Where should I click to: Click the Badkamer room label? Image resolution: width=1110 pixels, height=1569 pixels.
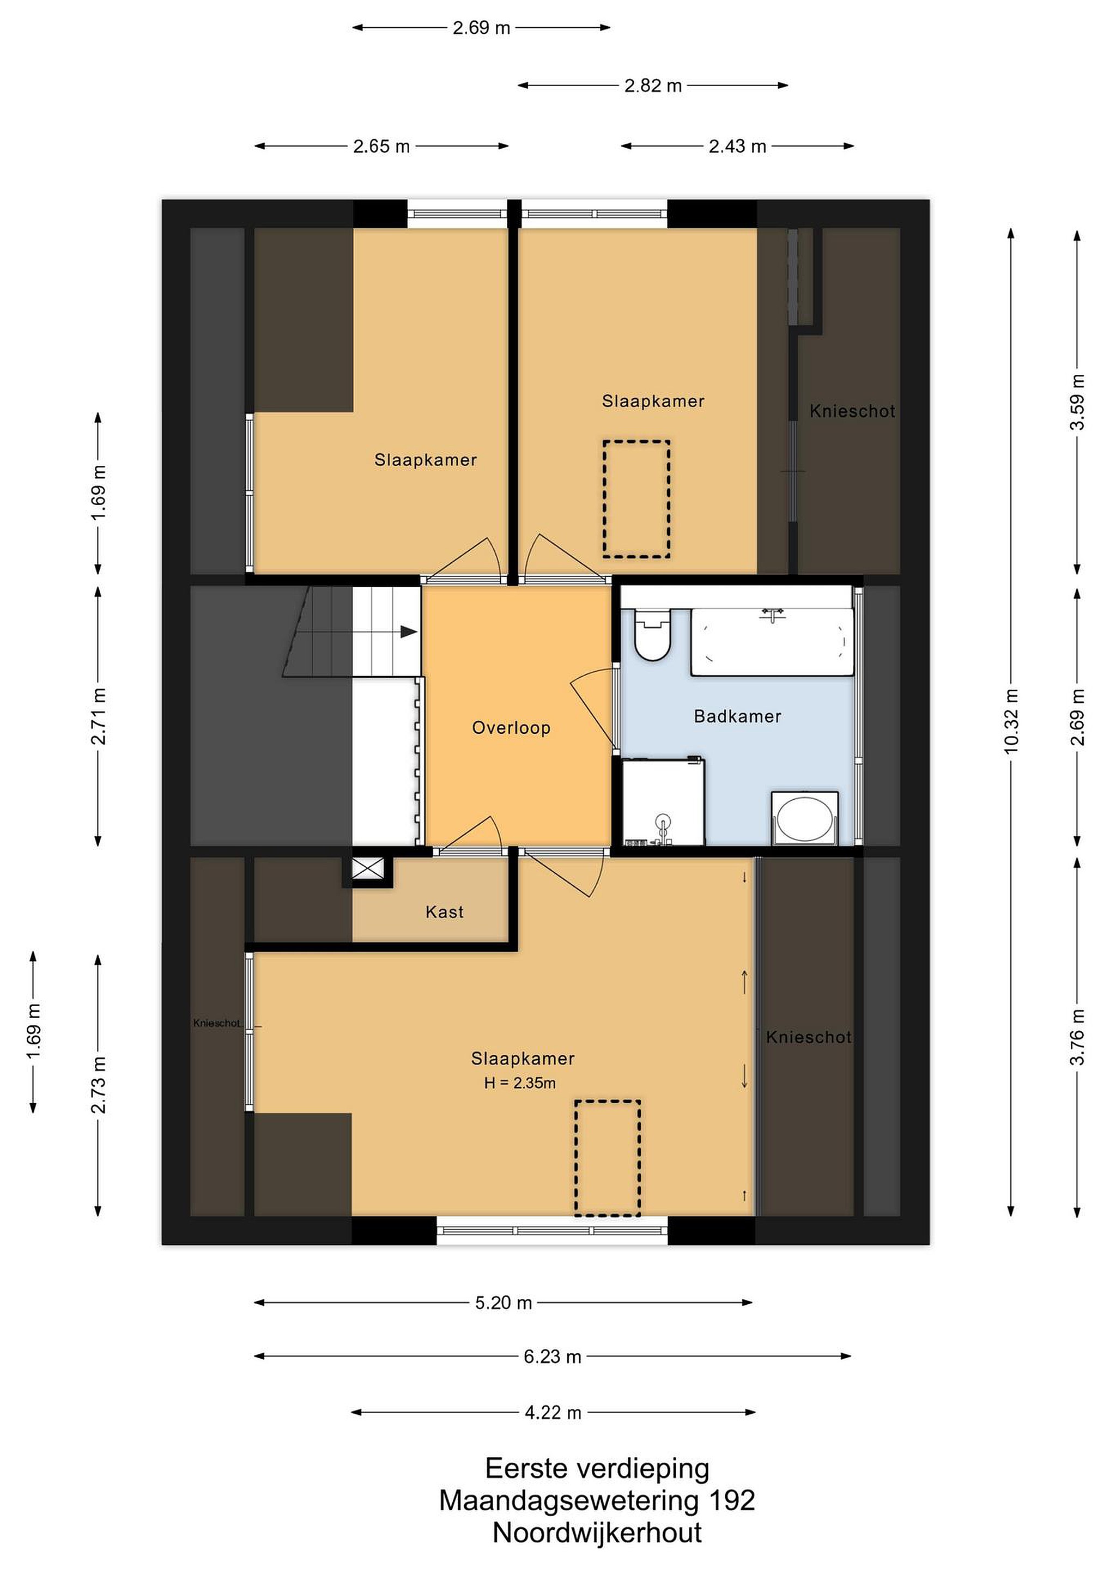(737, 716)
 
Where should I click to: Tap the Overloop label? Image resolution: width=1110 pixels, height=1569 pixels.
(511, 728)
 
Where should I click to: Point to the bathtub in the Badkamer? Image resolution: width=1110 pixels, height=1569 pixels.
(772, 642)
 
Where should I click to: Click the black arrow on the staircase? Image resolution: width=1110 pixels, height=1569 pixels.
(409, 632)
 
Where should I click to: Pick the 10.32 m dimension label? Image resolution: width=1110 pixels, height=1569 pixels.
(1011, 721)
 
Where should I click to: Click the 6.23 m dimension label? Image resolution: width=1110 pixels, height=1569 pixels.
(552, 1357)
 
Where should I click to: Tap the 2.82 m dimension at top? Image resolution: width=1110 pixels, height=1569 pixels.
(653, 86)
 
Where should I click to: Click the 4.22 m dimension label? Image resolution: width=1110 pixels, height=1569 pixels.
(553, 1413)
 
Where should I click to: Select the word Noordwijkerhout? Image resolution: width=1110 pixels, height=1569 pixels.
(597, 1533)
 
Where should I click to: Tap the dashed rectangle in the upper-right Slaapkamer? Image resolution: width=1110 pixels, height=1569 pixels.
(636, 499)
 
